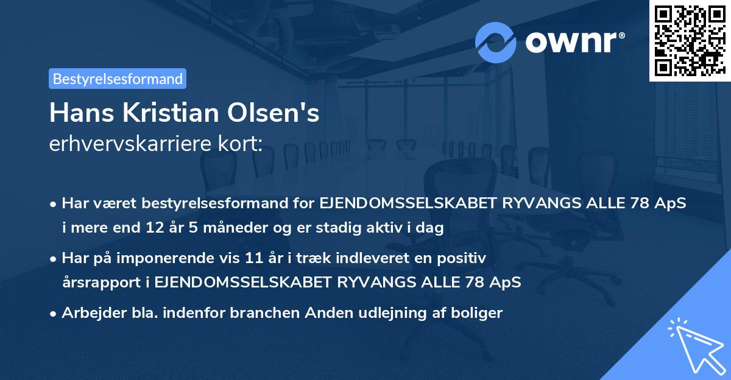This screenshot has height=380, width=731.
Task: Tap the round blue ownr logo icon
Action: (496, 42)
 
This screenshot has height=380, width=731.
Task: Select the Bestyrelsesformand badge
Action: (118, 79)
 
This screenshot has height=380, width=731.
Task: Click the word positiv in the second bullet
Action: (464, 258)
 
